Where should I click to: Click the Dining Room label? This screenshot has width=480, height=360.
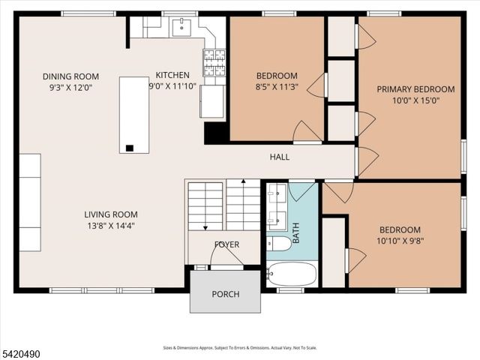(70, 76)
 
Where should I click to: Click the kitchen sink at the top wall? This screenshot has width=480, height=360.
(180, 28)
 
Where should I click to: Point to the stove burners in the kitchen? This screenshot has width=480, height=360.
(214, 63)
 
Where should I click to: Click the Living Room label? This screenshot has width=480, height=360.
(110, 214)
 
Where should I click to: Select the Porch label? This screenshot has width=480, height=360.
(225, 294)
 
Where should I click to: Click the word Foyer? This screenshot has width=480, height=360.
(226, 245)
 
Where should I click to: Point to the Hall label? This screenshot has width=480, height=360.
(280, 157)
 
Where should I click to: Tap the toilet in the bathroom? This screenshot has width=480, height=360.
(280, 243)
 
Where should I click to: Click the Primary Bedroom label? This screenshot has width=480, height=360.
(415, 89)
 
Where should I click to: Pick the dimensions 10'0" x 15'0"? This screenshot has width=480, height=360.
(415, 100)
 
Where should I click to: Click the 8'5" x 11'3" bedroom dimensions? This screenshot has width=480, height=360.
(277, 85)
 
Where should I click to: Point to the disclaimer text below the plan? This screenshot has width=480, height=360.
(240, 348)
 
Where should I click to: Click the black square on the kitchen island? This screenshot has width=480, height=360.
(130, 148)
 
